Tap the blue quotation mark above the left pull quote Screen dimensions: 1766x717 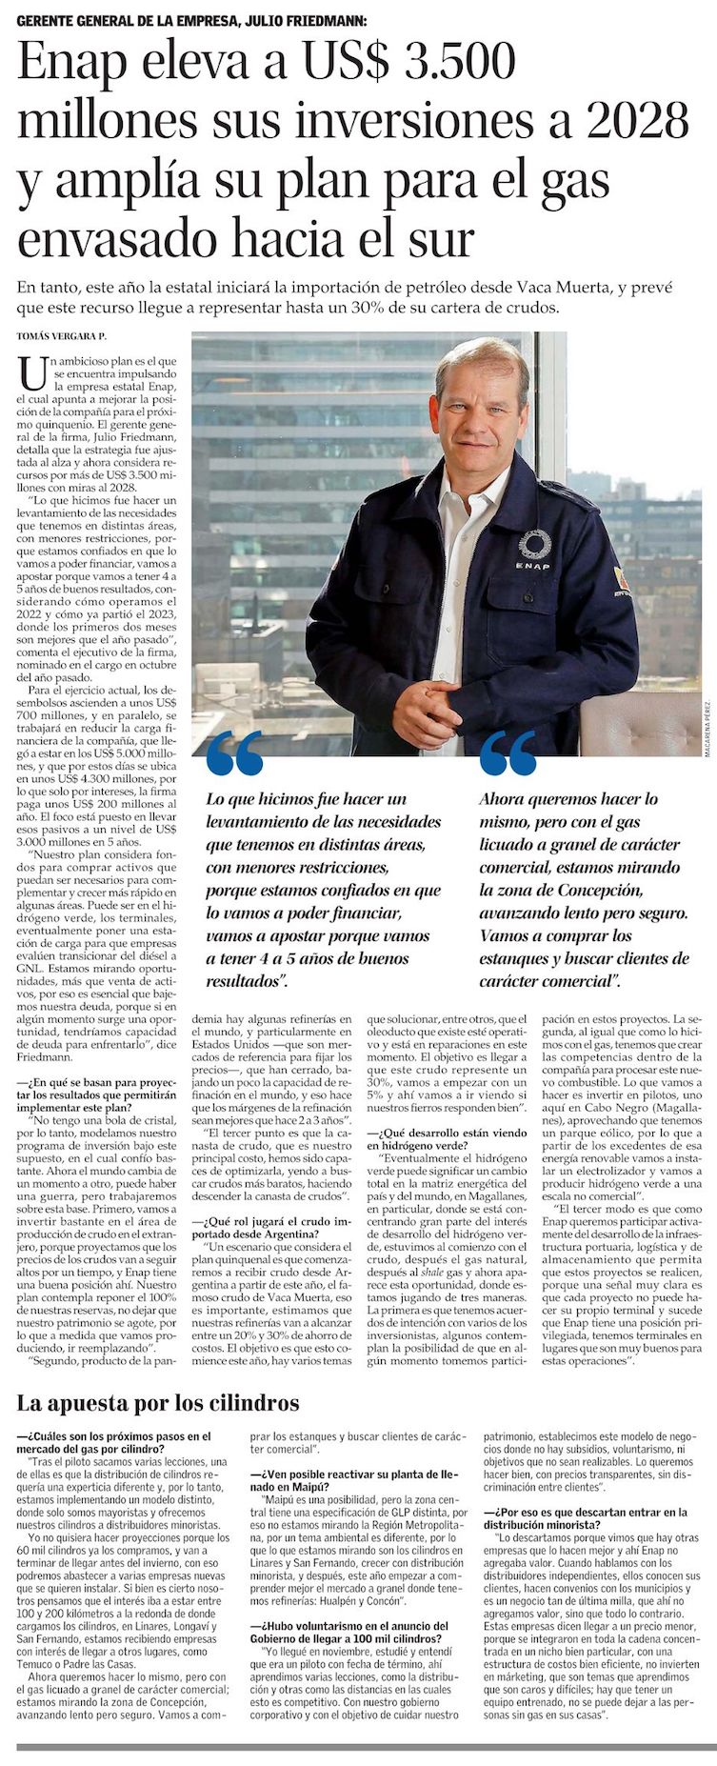[233, 753]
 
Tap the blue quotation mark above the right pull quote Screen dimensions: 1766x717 [508, 753]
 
